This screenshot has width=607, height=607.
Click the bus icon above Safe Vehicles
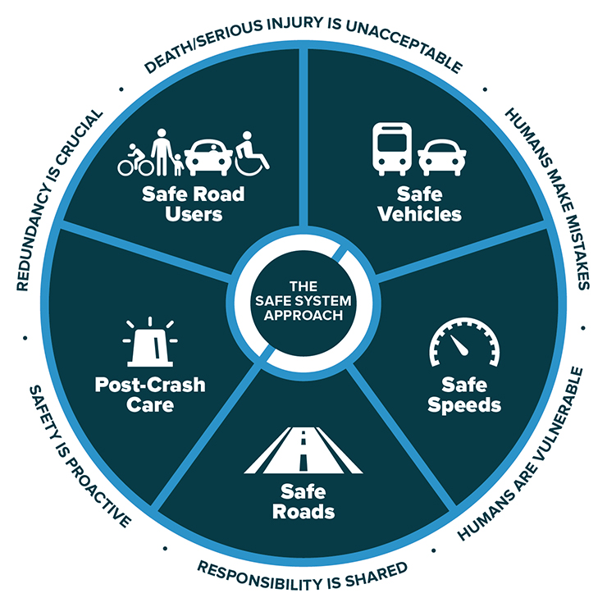[x=392, y=149]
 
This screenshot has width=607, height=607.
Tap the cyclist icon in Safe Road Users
[x=135, y=161]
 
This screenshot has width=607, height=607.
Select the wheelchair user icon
[x=253, y=154]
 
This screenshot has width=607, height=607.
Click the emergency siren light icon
[x=150, y=342]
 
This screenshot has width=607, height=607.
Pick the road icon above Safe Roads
[x=303, y=450]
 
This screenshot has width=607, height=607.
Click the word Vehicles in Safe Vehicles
[x=420, y=214]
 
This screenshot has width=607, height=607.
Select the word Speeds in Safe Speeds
[x=464, y=405]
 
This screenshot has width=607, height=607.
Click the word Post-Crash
[x=150, y=385]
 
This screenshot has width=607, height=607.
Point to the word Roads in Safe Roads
[x=303, y=512]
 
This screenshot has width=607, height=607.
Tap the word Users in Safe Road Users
[x=194, y=214]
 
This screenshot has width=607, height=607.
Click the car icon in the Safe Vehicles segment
[x=441, y=157]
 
